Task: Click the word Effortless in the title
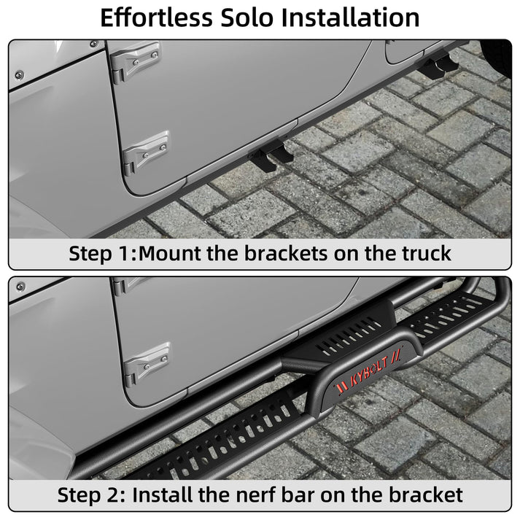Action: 156,18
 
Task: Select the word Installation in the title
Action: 351,18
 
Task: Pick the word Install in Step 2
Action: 163,495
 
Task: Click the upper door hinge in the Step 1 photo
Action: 135,61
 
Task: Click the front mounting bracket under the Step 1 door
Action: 272,155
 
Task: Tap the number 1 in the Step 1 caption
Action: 125,254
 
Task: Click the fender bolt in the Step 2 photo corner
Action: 21,286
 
